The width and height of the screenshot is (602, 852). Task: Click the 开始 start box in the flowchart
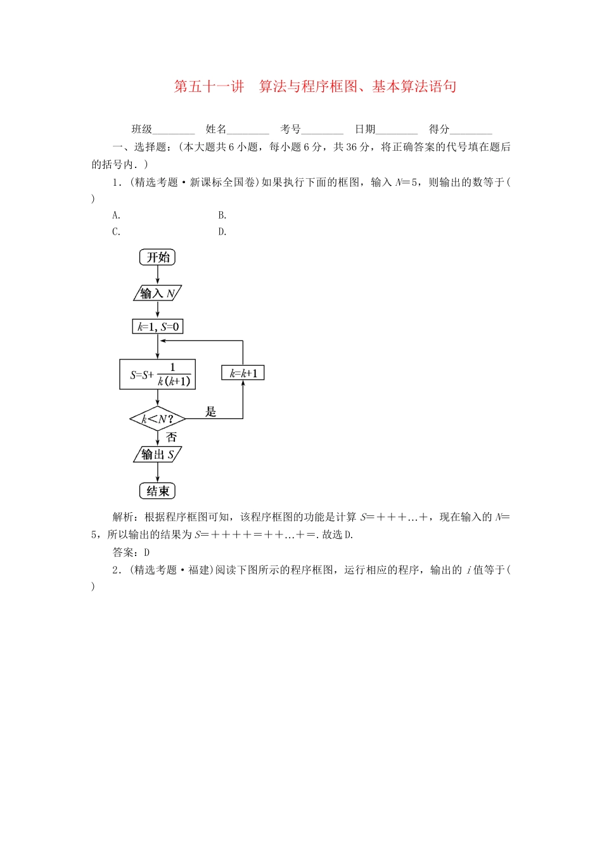[x=157, y=257]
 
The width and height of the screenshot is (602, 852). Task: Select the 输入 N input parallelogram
[x=157, y=293]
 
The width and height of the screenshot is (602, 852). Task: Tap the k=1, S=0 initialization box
[x=158, y=327]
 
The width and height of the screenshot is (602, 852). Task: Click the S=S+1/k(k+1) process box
[x=157, y=375]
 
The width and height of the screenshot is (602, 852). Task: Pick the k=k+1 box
[x=243, y=373]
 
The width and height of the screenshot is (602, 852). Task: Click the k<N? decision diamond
[x=157, y=419]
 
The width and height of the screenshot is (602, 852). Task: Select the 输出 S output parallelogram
[x=157, y=455]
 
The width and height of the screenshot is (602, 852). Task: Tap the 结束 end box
[x=157, y=491]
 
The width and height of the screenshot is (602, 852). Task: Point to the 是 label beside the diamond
[x=211, y=412]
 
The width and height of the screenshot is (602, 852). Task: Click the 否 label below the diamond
[x=171, y=437]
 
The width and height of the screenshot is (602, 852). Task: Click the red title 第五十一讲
[x=209, y=87]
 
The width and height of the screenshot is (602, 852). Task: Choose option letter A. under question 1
[x=117, y=216]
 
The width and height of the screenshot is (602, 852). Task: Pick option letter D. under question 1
[x=222, y=232]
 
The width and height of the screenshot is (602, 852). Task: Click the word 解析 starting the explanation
[x=123, y=517]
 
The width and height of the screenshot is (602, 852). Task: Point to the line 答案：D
[x=131, y=552]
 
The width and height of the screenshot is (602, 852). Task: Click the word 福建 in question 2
[x=199, y=570]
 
